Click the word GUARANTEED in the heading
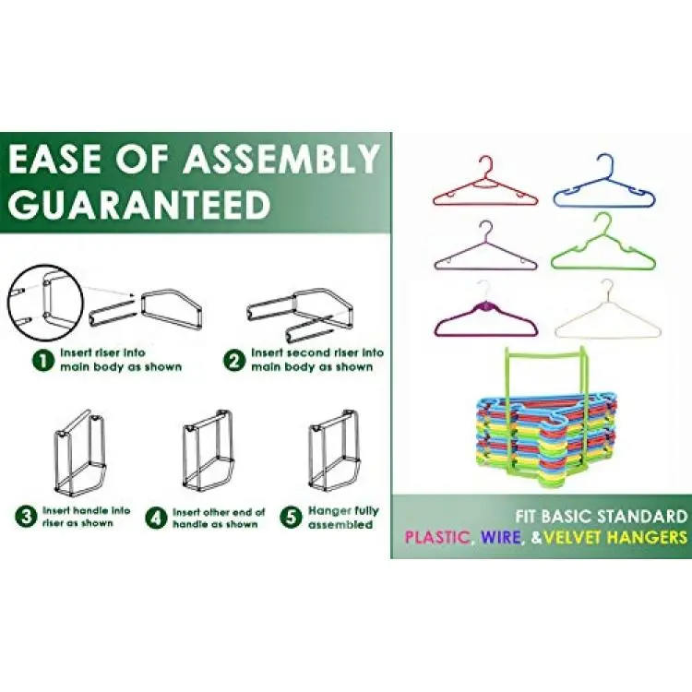point(139,204)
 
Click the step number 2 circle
point(234,361)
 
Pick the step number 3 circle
point(26,517)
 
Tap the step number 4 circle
point(156,518)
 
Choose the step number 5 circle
point(291,517)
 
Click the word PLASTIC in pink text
point(437,537)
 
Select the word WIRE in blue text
point(501,537)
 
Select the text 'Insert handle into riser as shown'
point(87,517)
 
